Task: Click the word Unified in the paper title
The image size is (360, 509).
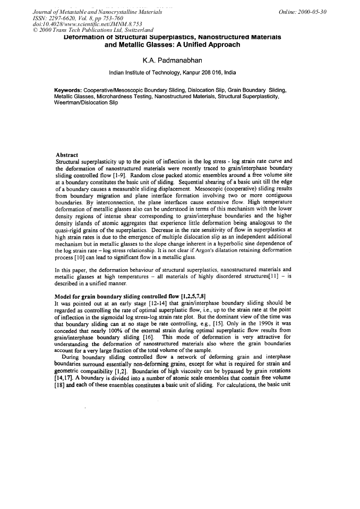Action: [x=188, y=45]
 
